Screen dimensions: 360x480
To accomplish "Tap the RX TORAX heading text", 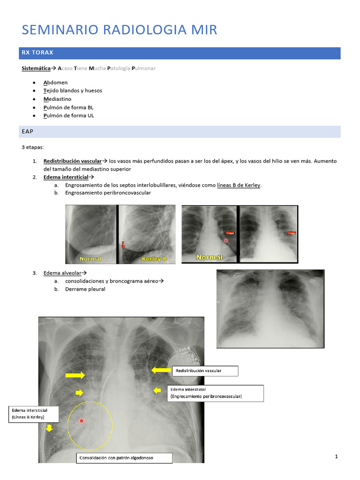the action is click(37, 52).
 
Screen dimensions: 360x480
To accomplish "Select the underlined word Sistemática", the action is click(36, 68).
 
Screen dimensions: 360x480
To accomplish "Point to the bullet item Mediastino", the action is click(57, 99).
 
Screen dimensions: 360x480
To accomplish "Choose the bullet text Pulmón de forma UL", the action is click(68, 115).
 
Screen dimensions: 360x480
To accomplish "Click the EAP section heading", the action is click(28, 132).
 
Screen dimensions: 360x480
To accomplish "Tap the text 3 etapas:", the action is click(33, 147).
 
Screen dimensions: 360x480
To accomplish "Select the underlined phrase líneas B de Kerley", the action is click(239, 185).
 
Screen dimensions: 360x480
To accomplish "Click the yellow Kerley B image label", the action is click(154, 259).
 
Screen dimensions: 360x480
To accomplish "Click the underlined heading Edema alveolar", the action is click(64, 273).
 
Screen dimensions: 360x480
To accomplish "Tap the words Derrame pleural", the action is click(85, 289).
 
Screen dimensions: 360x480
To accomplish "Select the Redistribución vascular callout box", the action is click(205, 371).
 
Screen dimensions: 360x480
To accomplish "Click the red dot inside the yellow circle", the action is click(82, 421).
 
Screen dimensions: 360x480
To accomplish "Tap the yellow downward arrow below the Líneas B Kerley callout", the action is click(49, 428).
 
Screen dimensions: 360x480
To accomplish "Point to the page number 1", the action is click(337, 457).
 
